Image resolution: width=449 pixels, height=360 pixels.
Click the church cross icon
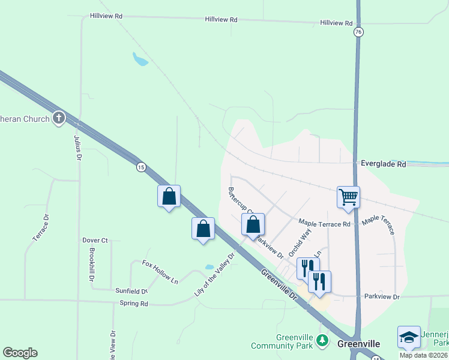[x=58, y=118]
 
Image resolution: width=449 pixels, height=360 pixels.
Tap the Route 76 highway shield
[x=358, y=32]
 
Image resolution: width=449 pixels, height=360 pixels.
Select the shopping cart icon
[x=348, y=196]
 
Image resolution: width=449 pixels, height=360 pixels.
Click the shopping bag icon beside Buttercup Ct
[x=253, y=224]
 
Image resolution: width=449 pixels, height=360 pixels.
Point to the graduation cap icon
[x=409, y=337]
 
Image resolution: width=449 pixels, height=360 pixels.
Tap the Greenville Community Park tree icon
[x=323, y=341]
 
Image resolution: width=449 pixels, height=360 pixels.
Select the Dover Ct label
[x=95, y=240]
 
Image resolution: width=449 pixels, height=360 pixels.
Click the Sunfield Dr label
[x=131, y=290]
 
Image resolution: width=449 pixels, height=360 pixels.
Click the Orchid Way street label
[x=300, y=242]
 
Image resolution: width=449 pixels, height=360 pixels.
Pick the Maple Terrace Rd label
[x=324, y=224]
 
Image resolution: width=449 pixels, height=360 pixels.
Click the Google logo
[x=20, y=353]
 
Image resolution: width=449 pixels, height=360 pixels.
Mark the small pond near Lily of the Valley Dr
[x=209, y=267]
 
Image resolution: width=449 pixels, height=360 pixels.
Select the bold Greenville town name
[x=358, y=344]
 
